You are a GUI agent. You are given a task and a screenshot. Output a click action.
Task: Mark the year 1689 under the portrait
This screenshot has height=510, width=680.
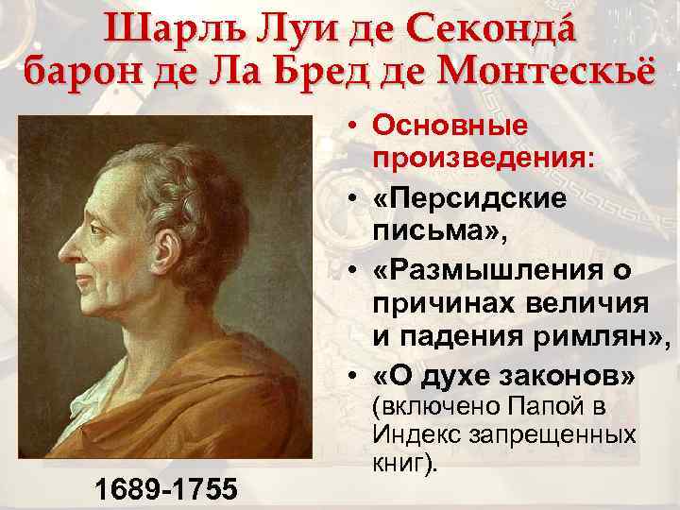click(127, 488)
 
